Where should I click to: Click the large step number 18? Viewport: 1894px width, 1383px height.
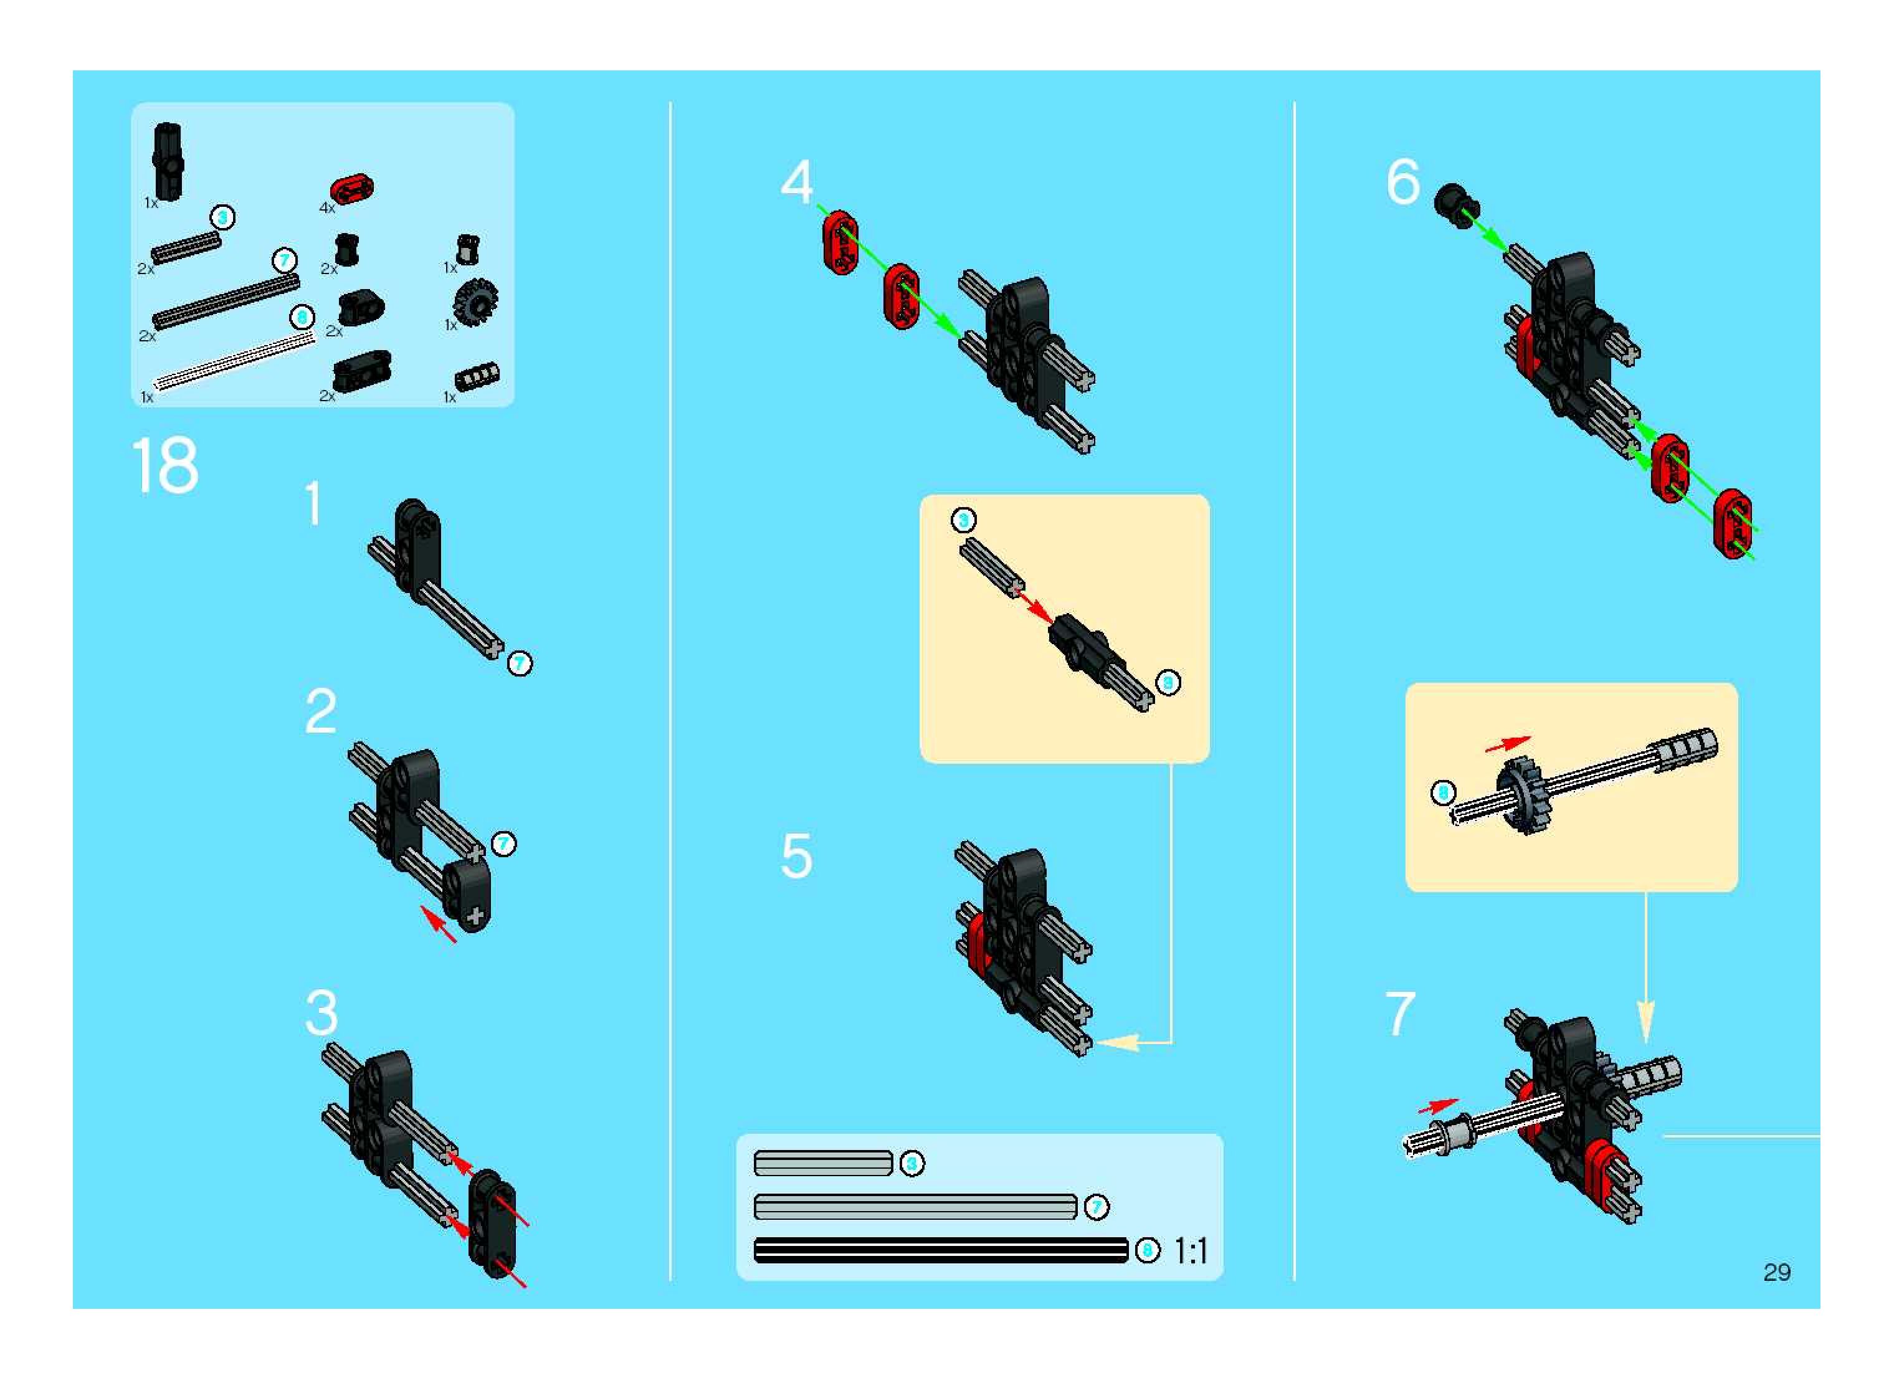pyautogui.click(x=165, y=465)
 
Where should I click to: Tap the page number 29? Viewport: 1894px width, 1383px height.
pyautogui.click(x=1776, y=1273)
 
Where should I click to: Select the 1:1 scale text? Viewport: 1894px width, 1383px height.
pyautogui.click(x=1191, y=1252)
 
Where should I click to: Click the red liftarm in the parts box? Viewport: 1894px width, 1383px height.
pyautogui.click(x=353, y=189)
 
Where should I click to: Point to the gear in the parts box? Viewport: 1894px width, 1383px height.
pyautogui.click(x=475, y=302)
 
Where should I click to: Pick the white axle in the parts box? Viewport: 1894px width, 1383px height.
pyautogui.click(x=234, y=360)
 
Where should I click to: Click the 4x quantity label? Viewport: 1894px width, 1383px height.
pyautogui.click(x=326, y=207)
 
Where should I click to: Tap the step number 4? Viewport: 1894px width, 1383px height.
pyautogui.click(x=796, y=182)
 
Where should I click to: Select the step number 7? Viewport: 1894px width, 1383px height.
pyautogui.click(x=1401, y=1014)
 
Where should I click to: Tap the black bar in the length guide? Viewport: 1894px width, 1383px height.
pyautogui.click(x=941, y=1251)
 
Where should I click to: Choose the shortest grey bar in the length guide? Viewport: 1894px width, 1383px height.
pyautogui.click(x=823, y=1163)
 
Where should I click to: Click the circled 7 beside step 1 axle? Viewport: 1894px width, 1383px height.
pyautogui.click(x=520, y=664)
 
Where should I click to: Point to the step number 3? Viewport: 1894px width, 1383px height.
pyautogui.click(x=321, y=1014)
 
